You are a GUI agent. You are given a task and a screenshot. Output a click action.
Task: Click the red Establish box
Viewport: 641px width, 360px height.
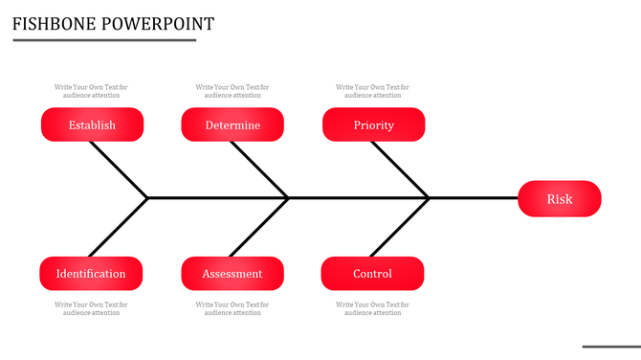point(92,124)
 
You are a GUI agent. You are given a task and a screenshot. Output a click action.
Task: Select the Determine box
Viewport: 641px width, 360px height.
point(232,124)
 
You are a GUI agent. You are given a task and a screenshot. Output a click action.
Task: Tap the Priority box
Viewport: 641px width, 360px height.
point(373,124)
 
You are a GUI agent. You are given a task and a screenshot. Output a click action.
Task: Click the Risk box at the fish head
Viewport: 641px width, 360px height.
point(560,199)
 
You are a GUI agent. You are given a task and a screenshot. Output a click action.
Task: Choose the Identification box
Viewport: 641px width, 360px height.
point(91,273)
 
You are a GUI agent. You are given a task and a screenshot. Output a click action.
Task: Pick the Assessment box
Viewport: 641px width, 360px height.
point(232,273)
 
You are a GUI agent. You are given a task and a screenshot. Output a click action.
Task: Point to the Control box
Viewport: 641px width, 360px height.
point(372,273)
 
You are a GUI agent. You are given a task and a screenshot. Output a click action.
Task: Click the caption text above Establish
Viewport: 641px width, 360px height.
point(91,91)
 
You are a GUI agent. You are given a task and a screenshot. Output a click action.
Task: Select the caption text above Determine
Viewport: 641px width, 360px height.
point(232,91)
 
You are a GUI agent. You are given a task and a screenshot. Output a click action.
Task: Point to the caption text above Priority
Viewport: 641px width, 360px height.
point(372,91)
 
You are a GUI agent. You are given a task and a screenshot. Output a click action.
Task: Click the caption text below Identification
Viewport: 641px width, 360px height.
point(91,308)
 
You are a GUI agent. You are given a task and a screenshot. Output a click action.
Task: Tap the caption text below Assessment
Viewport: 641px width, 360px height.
point(232,308)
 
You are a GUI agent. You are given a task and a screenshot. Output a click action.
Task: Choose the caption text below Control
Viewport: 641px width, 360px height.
point(372,308)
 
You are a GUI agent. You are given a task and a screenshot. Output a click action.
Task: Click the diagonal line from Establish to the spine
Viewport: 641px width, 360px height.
point(119,169)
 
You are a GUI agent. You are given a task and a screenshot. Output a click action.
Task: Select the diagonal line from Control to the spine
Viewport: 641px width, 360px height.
point(400,227)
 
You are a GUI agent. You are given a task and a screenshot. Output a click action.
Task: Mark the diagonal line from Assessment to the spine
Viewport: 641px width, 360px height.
point(259,227)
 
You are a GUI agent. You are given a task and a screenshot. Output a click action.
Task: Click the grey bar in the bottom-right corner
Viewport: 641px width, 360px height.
point(611,347)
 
